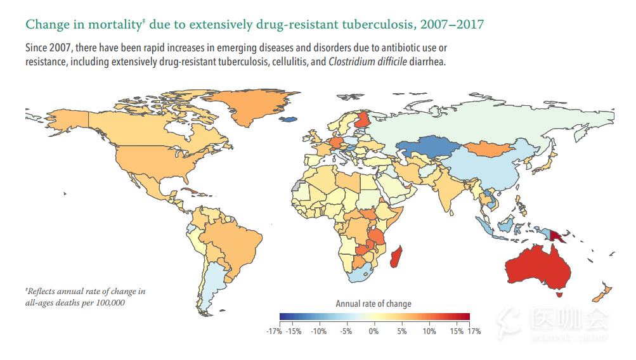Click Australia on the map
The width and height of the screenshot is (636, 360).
coord(538,267)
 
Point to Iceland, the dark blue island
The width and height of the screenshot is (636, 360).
coord(288,119)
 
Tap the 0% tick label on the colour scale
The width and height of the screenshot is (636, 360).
coord(373,331)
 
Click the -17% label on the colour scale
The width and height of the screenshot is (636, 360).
coord(274,331)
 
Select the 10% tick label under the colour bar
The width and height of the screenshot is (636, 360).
coord(429,331)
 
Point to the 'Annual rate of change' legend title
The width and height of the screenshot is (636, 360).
coord(373,304)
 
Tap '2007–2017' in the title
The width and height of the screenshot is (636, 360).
coord(452,24)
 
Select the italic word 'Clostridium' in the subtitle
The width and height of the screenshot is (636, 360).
coord(348,62)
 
